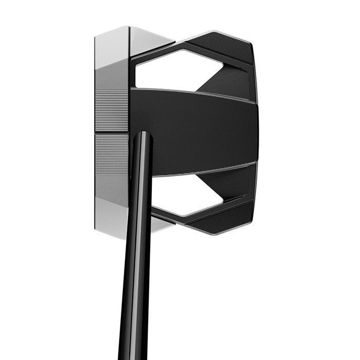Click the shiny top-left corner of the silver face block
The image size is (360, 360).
(x=111, y=39)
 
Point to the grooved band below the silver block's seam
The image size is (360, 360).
(x=112, y=152)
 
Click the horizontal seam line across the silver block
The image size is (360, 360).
(x=112, y=132)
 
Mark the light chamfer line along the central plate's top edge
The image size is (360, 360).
(x=195, y=93)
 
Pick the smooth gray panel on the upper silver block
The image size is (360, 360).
(x=112, y=77)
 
